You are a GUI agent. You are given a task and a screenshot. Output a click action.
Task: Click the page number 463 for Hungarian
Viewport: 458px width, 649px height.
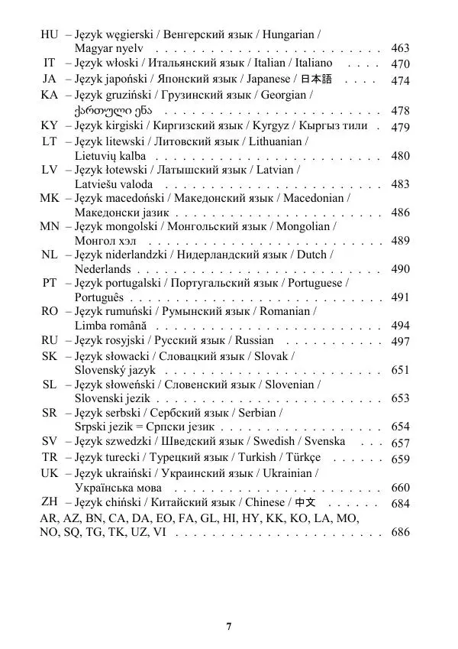400,49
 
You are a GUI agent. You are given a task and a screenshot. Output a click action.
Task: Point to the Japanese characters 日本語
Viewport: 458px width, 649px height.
316,79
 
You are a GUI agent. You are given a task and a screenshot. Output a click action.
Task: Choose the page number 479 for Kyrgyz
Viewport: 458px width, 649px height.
400,127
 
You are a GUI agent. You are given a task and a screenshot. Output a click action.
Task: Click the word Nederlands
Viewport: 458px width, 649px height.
102,269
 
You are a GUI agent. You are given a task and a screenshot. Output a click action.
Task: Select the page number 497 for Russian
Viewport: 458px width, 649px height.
400,341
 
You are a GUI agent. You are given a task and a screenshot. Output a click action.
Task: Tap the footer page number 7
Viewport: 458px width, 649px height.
229,627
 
